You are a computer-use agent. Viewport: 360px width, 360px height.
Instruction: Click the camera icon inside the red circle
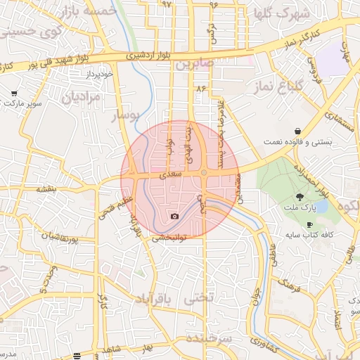[174, 216]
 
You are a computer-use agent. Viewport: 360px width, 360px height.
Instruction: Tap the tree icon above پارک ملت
[300, 197]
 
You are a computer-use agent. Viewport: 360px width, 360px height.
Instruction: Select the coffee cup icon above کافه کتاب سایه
[310, 224]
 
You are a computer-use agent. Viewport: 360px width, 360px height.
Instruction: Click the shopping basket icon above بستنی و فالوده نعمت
[299, 131]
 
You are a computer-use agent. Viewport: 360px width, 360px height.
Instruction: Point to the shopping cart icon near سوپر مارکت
[14, 93]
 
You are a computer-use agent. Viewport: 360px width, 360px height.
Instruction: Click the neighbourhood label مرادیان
[82, 97]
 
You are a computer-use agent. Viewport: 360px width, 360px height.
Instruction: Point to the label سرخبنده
[209, 339]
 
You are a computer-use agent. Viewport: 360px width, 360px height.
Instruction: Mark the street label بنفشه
[46, 189]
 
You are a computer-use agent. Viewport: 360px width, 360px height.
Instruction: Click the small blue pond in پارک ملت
[321, 206]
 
